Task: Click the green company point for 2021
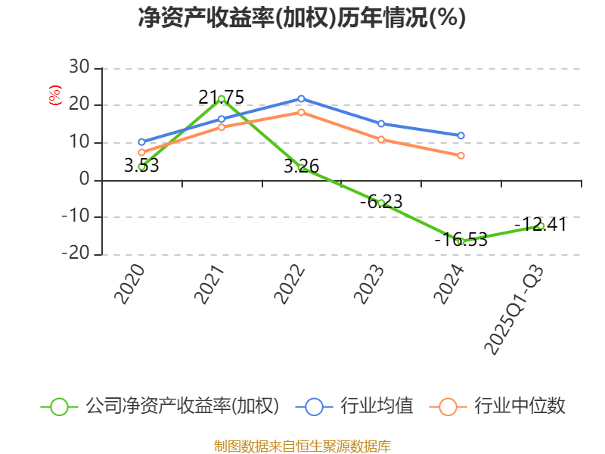tap(221, 98)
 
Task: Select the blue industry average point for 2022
tap(301, 98)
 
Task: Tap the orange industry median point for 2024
tap(461, 155)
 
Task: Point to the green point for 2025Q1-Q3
tap(541, 225)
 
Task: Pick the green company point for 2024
tap(461, 241)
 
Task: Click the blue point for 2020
tap(141, 141)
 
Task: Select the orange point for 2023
tap(381, 139)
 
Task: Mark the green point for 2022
tap(301, 167)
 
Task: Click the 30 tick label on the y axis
tap(79, 68)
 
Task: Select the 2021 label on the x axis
tap(211, 285)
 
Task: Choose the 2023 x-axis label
tap(371, 285)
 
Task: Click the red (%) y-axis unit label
tap(54, 96)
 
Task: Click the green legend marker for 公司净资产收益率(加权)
tap(60, 406)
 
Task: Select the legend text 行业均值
tap(377, 406)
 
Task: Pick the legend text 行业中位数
tap(520, 406)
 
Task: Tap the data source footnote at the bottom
tap(302, 446)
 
